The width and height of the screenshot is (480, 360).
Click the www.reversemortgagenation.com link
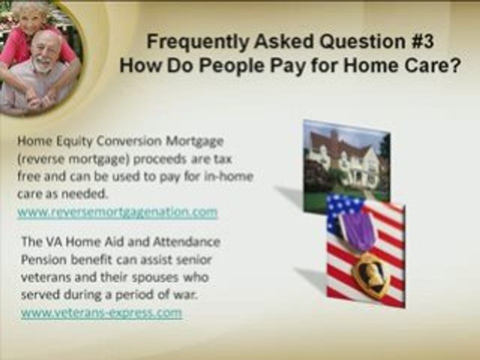tap(117, 212)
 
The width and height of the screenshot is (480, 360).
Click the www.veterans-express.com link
tap(101, 313)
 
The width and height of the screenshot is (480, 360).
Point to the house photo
tap(346, 160)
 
